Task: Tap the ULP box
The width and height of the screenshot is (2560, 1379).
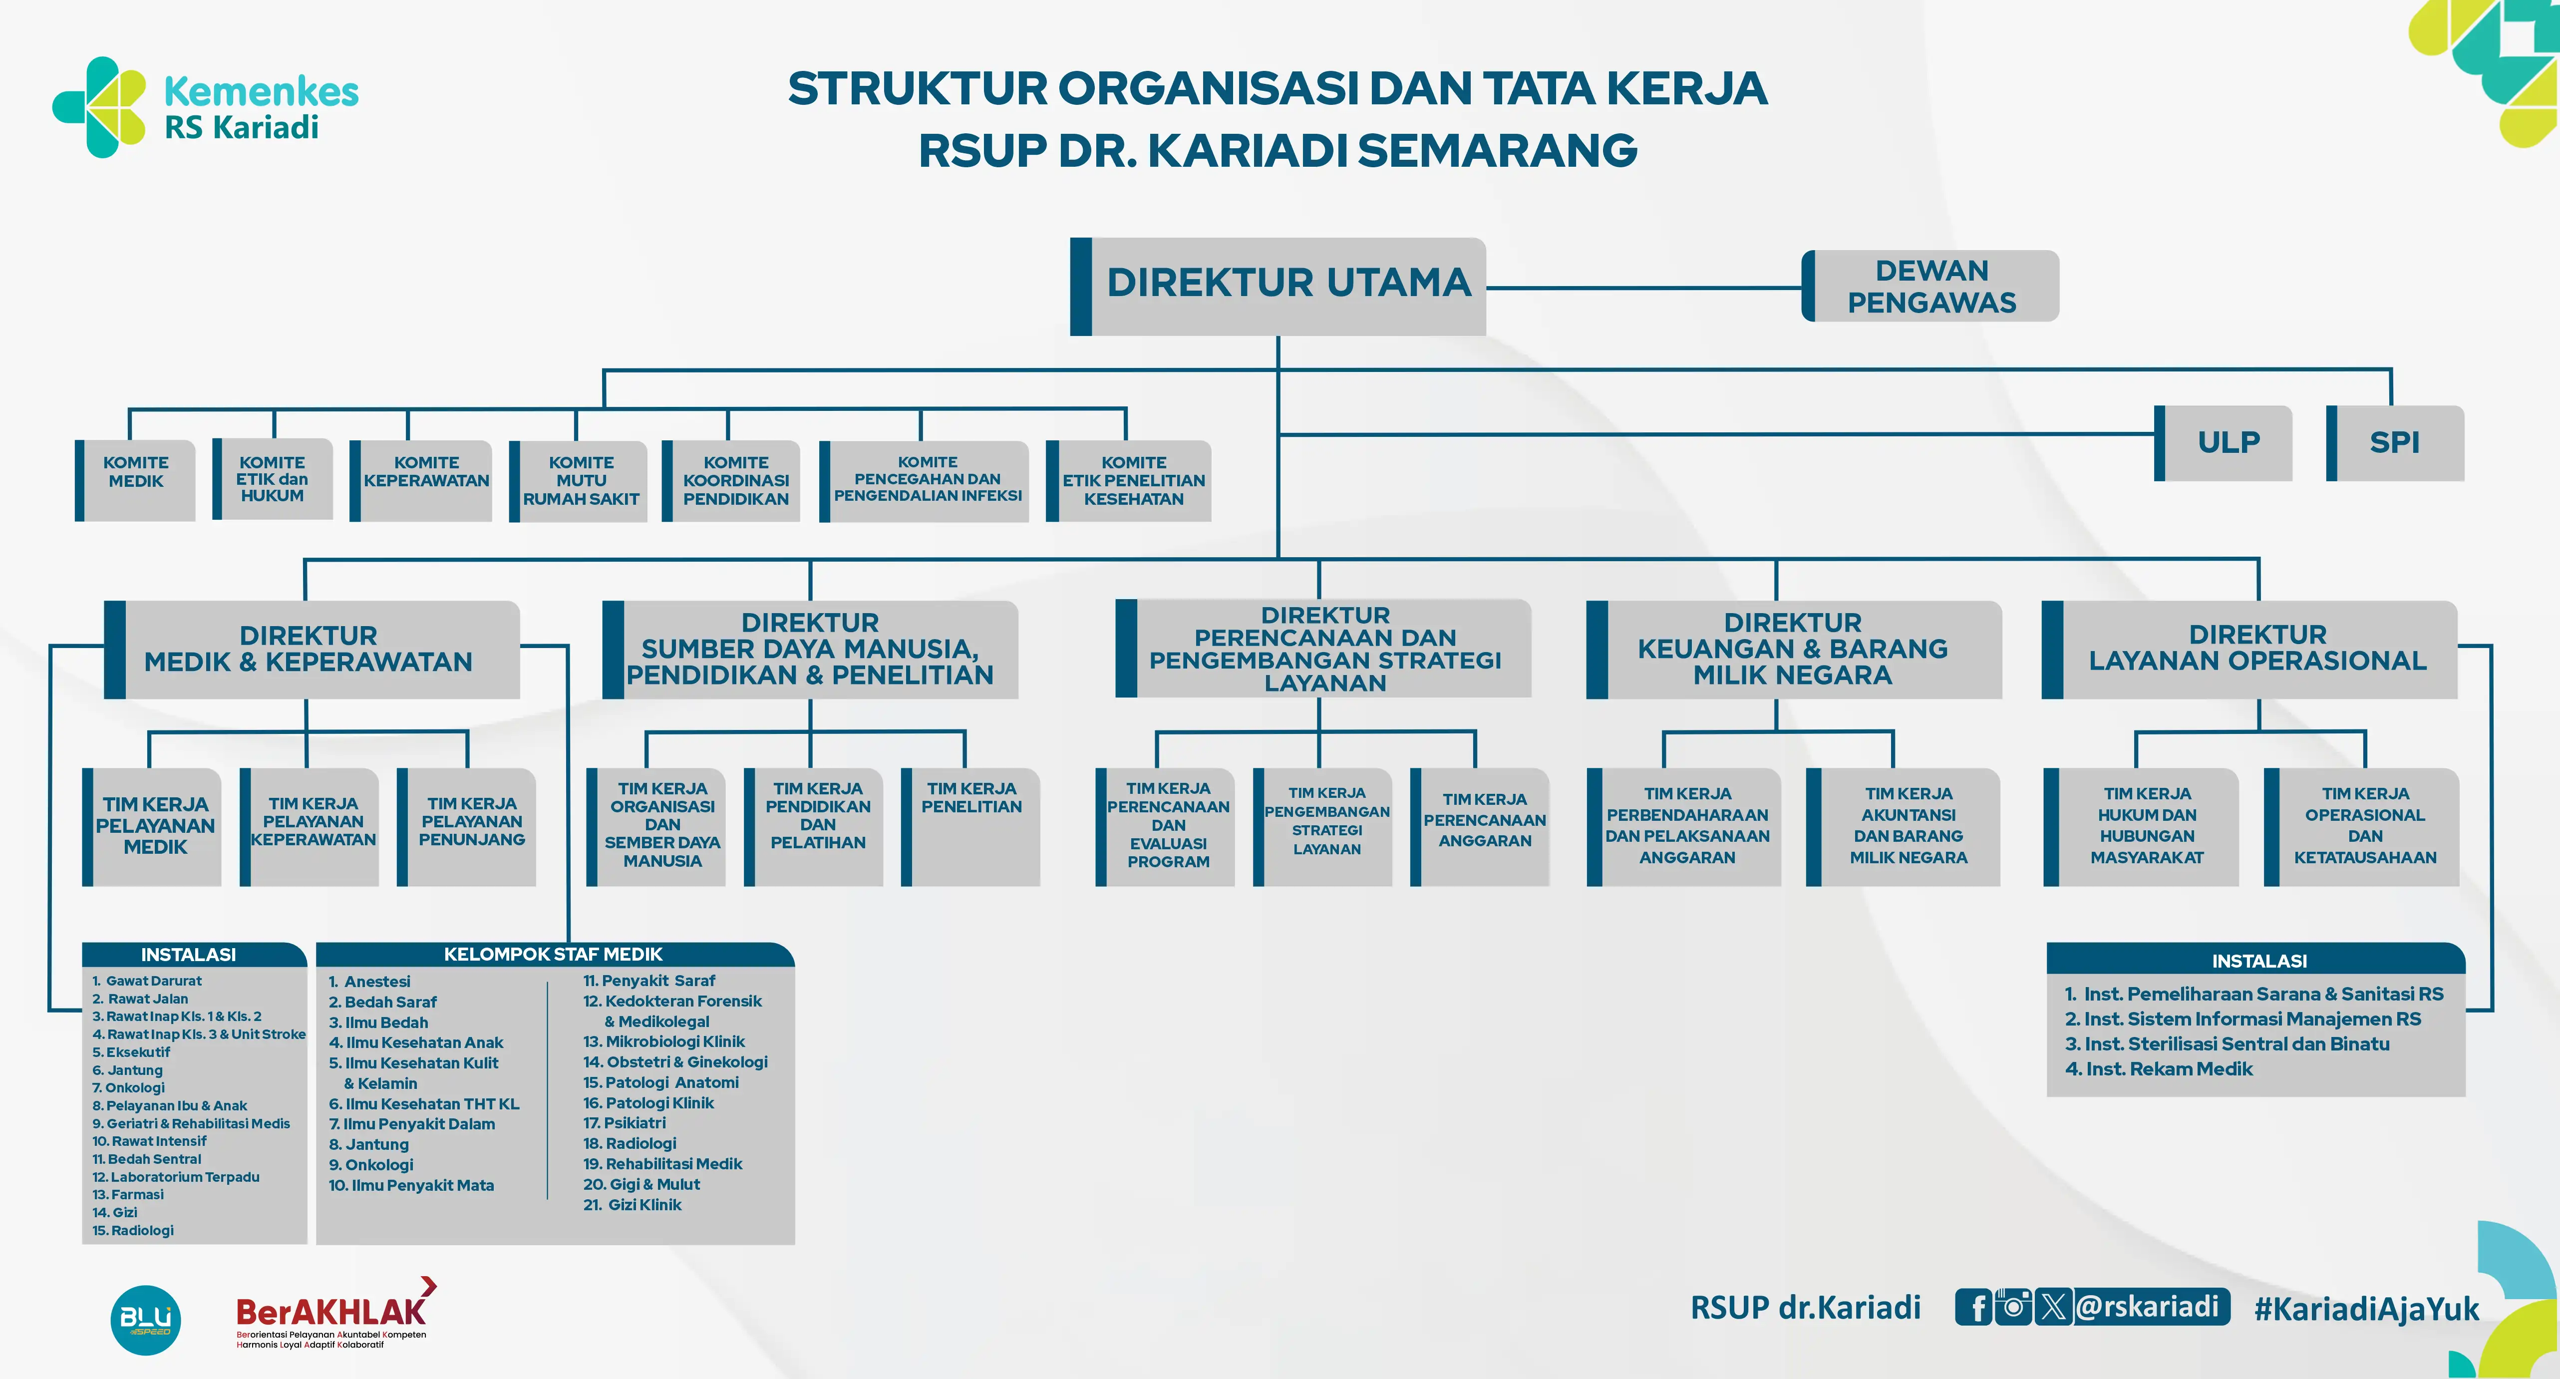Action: [x=2226, y=442]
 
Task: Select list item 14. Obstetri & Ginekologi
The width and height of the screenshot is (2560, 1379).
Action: [x=675, y=1062]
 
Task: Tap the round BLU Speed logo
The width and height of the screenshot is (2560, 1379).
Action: [x=145, y=1320]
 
